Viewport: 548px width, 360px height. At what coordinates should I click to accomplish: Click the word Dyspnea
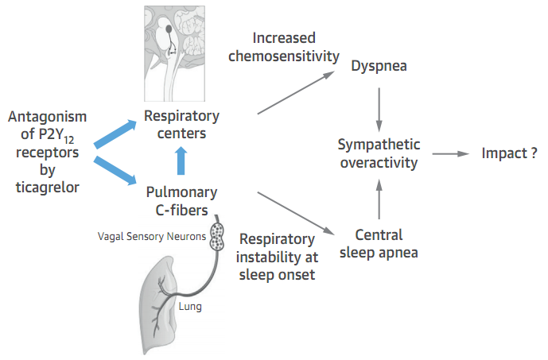(x=379, y=66)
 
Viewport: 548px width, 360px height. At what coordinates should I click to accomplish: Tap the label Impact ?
(x=509, y=153)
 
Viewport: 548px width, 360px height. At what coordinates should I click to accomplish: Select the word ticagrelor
(x=48, y=188)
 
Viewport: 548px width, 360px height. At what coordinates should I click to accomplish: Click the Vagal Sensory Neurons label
(x=152, y=236)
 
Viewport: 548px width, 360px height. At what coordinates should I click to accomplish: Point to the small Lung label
(x=190, y=307)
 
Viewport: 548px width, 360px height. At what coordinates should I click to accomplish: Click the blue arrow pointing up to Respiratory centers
(x=181, y=161)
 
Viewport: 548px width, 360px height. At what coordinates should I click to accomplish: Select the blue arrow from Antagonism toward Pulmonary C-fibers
(x=115, y=170)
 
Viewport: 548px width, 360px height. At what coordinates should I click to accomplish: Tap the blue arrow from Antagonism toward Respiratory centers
(x=115, y=134)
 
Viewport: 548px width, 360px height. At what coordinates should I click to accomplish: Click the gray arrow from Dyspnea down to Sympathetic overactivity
(x=379, y=110)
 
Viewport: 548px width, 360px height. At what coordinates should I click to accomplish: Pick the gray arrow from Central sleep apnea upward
(x=379, y=199)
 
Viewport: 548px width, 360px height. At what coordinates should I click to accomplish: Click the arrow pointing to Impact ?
(x=450, y=153)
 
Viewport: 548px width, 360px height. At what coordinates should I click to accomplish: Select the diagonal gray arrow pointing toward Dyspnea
(x=296, y=92)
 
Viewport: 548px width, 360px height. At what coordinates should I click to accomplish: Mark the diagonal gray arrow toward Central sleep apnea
(x=296, y=213)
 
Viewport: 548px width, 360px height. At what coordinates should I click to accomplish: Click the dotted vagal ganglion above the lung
(x=217, y=237)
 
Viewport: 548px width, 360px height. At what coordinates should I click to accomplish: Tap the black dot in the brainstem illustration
(x=169, y=29)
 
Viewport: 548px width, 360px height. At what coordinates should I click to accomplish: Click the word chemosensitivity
(x=284, y=56)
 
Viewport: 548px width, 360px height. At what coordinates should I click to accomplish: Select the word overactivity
(x=379, y=163)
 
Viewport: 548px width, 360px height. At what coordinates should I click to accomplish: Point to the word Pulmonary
(x=181, y=192)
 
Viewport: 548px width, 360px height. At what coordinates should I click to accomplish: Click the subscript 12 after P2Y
(x=69, y=141)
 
